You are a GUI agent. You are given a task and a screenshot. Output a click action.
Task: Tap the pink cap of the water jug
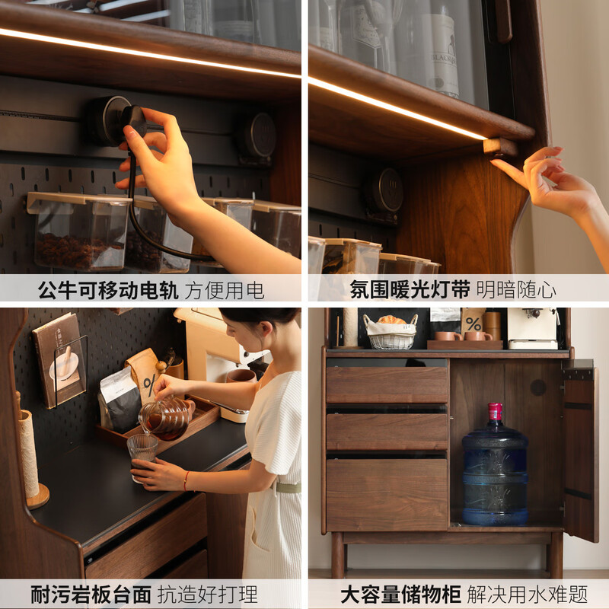495,412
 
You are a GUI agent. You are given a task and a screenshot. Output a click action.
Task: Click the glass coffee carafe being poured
164,416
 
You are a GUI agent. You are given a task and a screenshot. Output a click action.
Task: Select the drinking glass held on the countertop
142,454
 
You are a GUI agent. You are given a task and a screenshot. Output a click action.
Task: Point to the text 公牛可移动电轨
107,290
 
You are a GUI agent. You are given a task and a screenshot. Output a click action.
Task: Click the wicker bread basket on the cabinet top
391,333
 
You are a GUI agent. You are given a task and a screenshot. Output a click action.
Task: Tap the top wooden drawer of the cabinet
387,385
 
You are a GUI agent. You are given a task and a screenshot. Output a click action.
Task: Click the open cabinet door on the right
580,453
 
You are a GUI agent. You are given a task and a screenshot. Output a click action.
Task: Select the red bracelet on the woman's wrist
186,480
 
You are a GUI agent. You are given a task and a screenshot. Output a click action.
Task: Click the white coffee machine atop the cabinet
532,327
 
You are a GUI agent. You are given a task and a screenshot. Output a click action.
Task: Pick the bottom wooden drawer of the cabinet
387,484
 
